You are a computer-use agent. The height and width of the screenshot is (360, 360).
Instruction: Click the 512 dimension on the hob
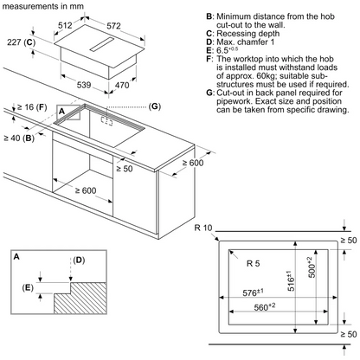click(65, 25)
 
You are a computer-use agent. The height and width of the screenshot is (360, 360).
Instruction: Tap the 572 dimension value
click(113, 26)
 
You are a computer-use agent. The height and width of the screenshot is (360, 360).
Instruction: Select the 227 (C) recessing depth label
click(21, 42)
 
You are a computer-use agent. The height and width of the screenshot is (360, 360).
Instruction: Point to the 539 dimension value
click(84, 85)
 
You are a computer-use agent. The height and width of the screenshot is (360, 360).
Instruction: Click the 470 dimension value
click(122, 86)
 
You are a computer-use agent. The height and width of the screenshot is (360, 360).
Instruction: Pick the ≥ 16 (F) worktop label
click(32, 107)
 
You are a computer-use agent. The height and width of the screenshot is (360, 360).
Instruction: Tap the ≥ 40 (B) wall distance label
click(19, 138)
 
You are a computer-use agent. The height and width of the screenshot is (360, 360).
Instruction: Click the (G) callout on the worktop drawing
click(155, 106)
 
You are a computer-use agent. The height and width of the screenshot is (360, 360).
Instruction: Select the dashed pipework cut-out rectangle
click(106, 121)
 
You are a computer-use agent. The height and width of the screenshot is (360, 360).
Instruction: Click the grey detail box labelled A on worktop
click(68, 112)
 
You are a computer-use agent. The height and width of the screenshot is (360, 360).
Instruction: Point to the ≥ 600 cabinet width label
click(86, 190)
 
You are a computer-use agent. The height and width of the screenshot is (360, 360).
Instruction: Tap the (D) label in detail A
click(79, 260)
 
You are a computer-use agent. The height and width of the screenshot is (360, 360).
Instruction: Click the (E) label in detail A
click(28, 287)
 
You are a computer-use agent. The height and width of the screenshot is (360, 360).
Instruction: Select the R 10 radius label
click(203, 228)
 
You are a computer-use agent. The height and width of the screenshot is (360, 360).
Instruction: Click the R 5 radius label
click(253, 263)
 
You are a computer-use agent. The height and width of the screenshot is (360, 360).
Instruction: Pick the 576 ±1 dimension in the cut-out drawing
click(253, 292)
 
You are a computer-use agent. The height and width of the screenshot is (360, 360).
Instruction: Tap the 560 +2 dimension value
click(265, 307)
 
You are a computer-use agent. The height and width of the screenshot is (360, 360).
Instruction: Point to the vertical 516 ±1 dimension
click(291, 280)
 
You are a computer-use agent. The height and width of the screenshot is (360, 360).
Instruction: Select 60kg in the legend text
click(267, 76)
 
